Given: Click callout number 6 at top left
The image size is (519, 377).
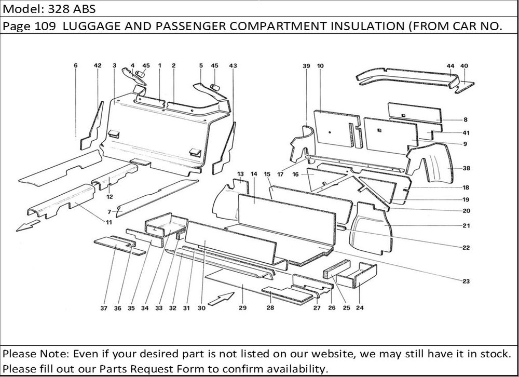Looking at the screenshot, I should pos(76,65).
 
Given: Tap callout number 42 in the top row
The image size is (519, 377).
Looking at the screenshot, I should pos(98,65).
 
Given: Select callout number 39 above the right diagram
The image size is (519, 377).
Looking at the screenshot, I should pos(306,66).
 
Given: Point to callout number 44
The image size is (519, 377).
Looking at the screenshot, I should pos(450,66).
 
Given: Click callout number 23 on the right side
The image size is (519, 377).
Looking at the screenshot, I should pos(466,281).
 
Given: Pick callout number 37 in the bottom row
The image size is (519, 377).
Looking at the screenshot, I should pos(104,308).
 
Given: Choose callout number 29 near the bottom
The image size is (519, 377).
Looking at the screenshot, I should pos(242,308).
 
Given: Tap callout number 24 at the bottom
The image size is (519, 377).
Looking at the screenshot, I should pos(360,308).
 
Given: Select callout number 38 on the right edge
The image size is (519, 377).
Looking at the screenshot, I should pos(466,168).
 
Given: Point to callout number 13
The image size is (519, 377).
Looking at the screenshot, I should pos(240,173).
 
